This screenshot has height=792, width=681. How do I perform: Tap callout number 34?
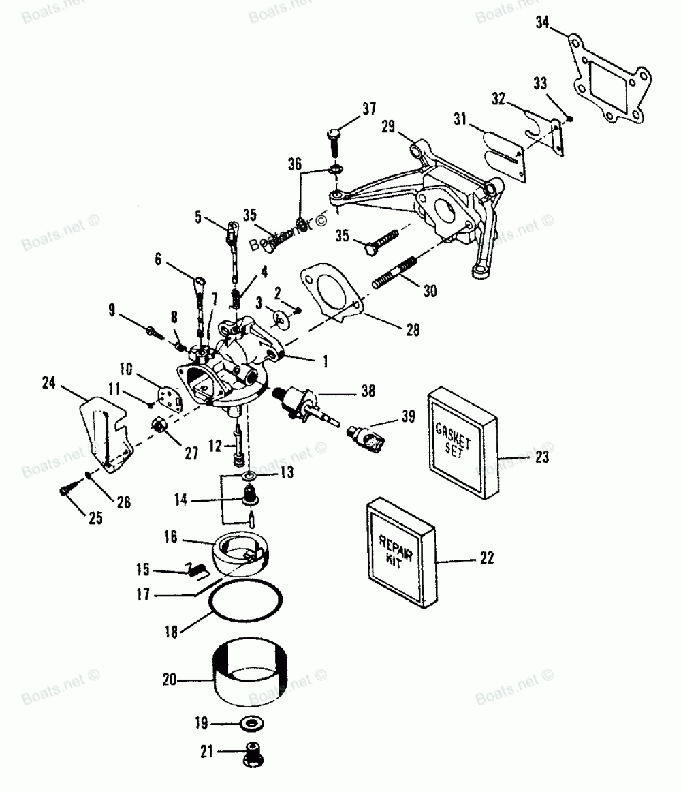542,24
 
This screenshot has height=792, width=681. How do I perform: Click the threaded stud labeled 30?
395,272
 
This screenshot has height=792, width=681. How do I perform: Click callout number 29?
388,127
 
